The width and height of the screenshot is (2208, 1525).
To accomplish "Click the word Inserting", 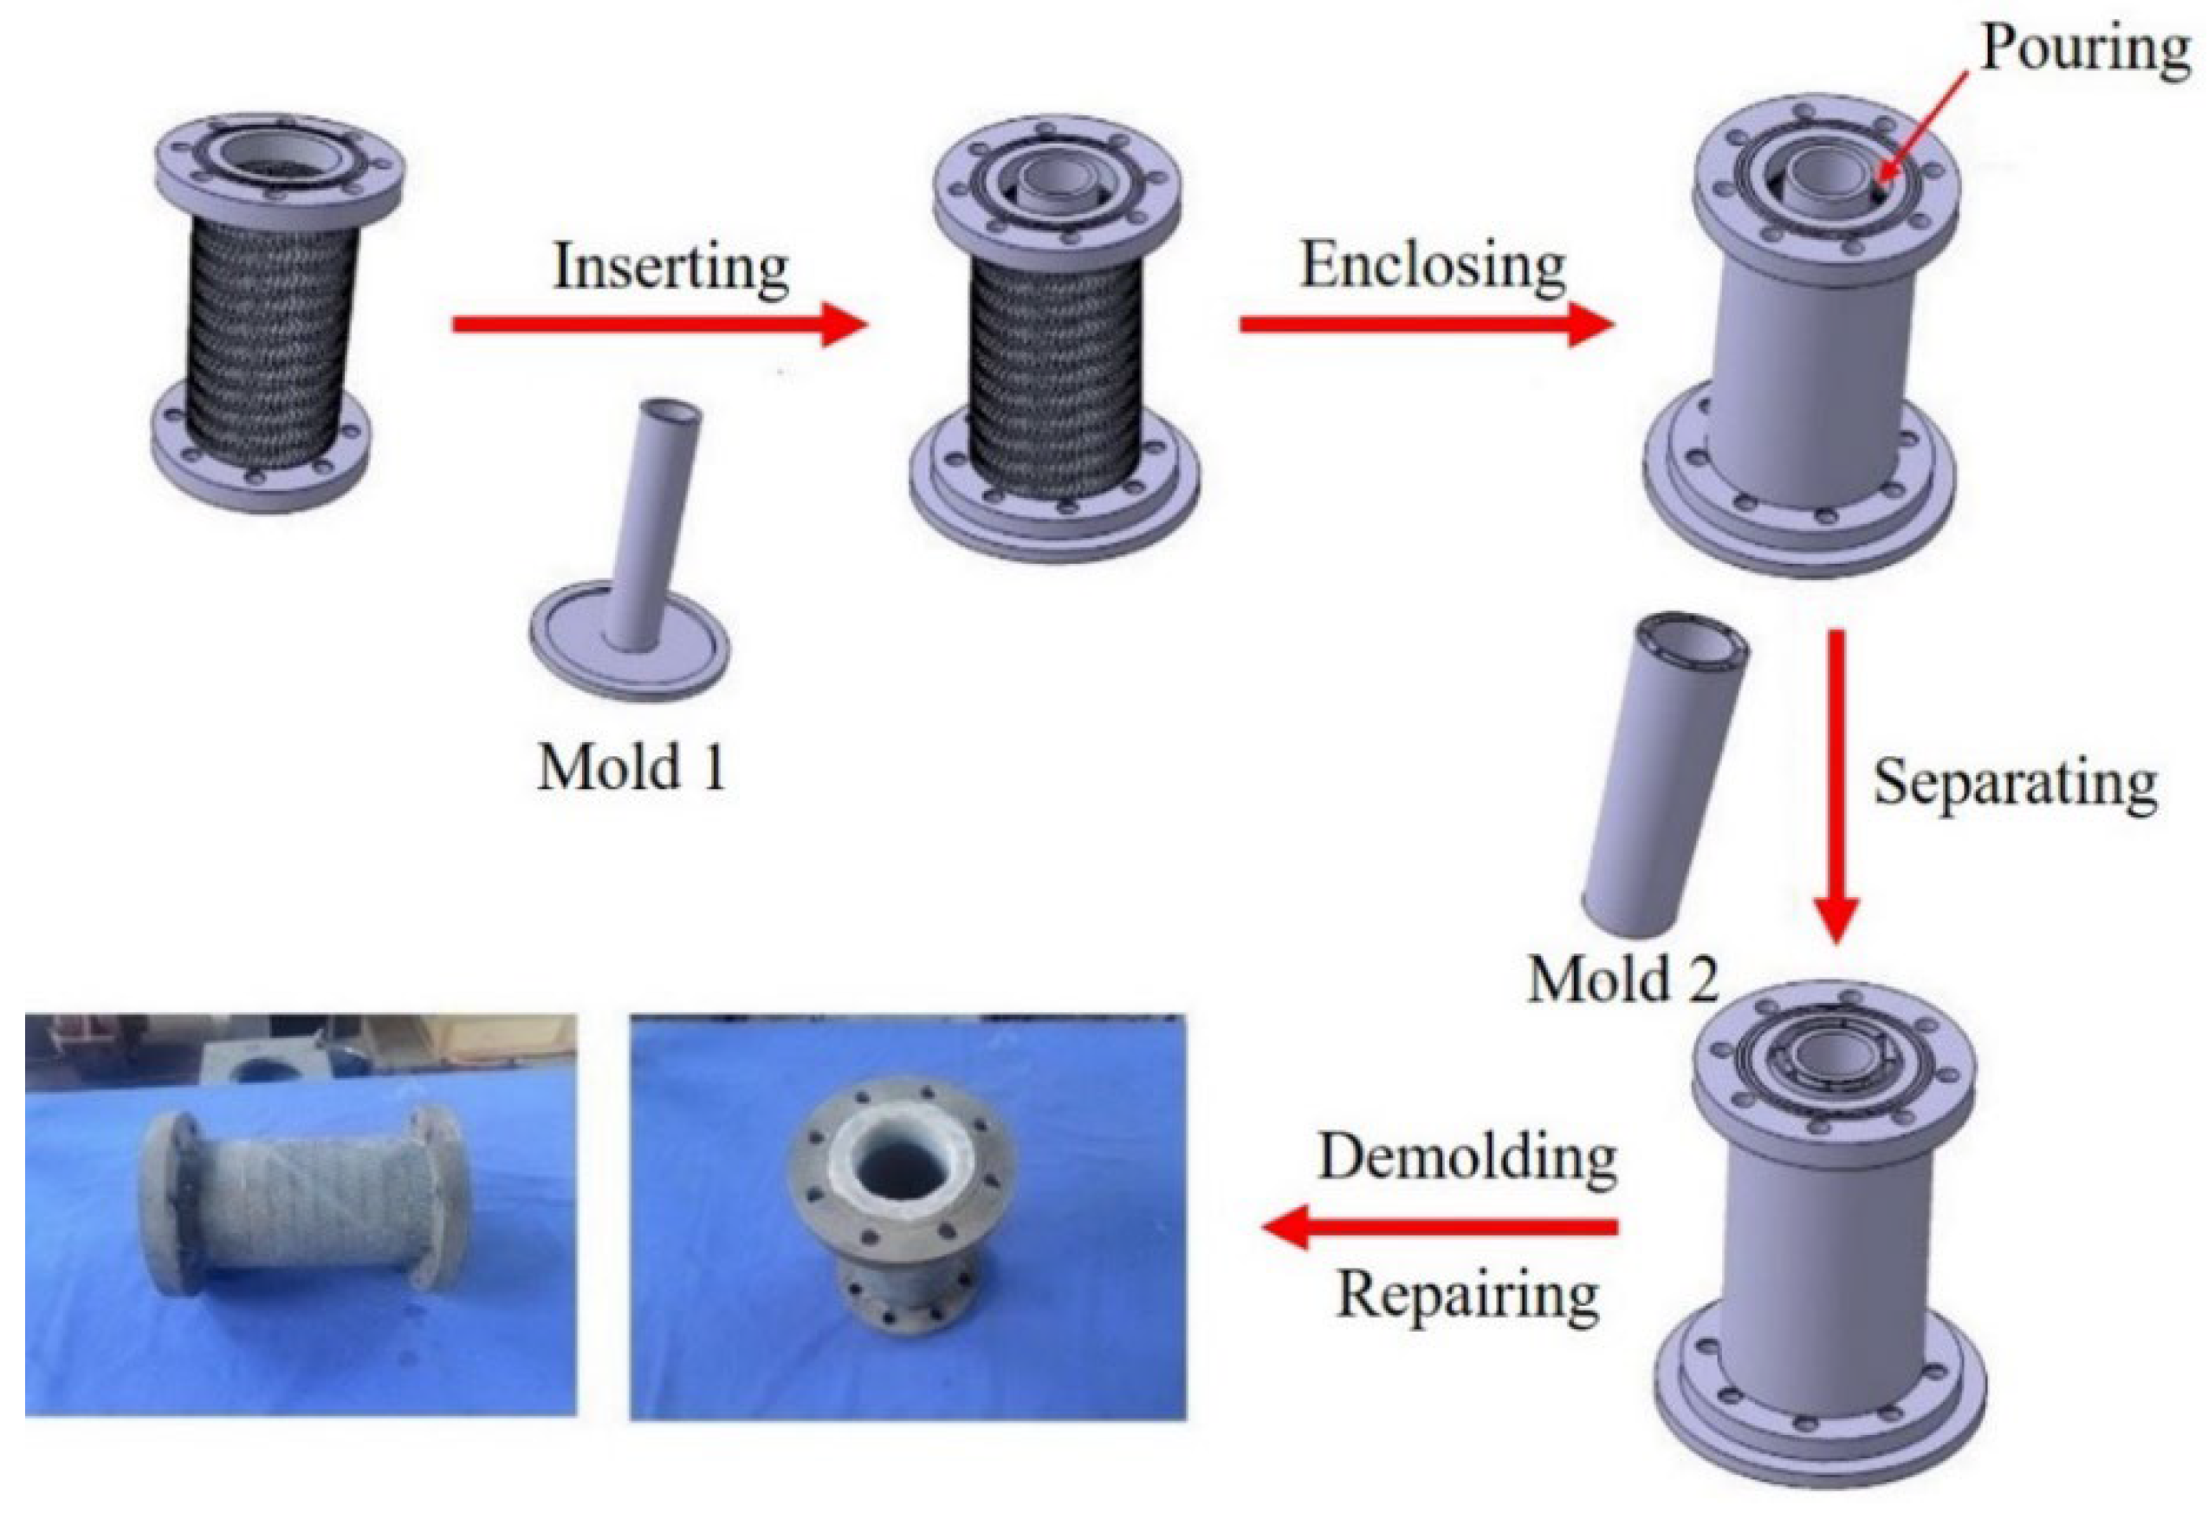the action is pos(671,267).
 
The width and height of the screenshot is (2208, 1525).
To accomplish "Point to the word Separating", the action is pos(2015,785).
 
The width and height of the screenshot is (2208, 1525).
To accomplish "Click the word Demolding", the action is pos(1467,1158).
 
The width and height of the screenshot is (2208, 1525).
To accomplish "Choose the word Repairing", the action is pos(1468,1296).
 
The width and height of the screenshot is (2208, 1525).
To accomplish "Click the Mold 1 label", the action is pos(631,766).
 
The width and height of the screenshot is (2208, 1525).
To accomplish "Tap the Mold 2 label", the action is pos(1623,979).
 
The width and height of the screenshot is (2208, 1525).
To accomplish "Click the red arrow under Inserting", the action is pos(659,326).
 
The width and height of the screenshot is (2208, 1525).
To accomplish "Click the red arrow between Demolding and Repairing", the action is pos(1440,1227).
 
